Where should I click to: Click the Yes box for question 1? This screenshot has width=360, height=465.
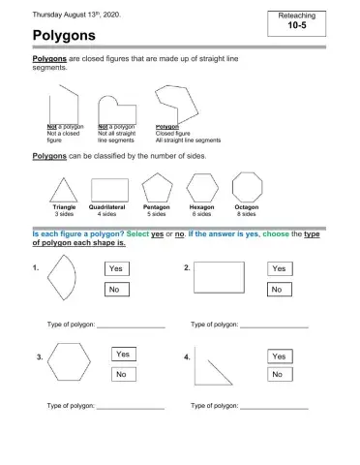(119, 267)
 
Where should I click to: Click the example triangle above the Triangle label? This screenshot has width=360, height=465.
(64, 189)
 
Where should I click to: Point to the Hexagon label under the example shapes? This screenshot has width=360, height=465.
(201, 206)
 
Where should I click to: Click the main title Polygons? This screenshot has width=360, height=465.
(63, 35)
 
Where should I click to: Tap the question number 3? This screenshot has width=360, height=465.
(39, 357)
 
